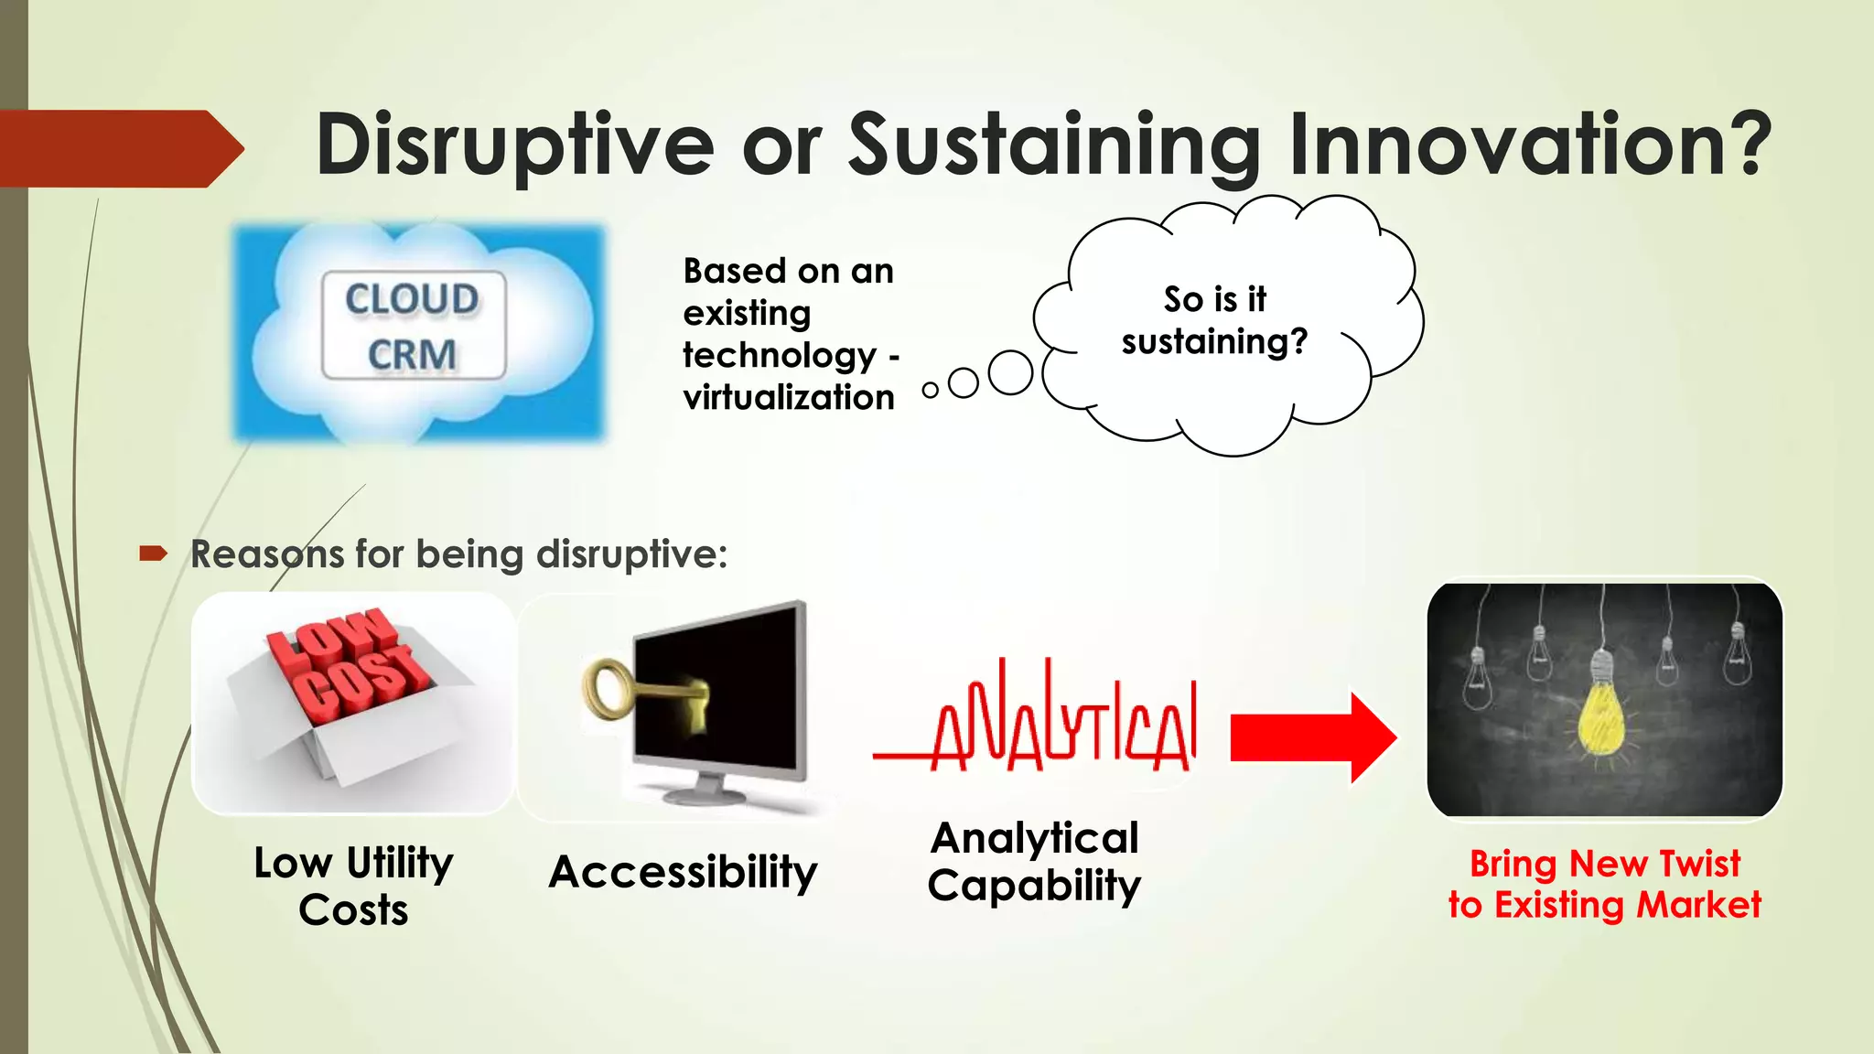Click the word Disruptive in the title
tap(514, 145)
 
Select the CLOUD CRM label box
tap(413, 326)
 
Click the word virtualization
tap(788, 398)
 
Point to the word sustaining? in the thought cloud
tap(1214, 342)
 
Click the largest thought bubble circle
tap(1010, 372)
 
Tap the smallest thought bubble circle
tap(930, 391)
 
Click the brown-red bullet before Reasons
tap(153, 553)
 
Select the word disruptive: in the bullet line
tap(631, 554)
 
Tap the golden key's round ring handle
tap(604, 690)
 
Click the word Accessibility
tap(683, 872)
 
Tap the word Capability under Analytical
tap(1034, 886)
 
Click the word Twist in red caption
tap(1699, 864)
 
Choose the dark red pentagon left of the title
tap(119, 148)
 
